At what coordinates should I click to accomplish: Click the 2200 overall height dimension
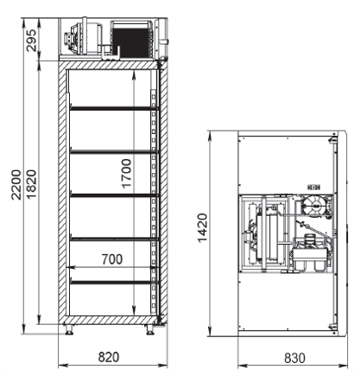(x=16, y=185)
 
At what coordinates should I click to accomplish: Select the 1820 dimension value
(x=31, y=185)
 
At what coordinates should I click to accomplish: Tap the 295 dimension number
(x=31, y=41)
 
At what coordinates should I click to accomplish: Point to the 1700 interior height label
(x=126, y=174)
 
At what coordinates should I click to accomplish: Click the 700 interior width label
(x=112, y=259)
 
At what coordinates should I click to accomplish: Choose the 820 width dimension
(x=109, y=357)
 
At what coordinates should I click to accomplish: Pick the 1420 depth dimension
(x=203, y=228)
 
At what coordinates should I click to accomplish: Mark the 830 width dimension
(x=294, y=358)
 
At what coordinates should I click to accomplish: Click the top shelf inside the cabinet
(x=115, y=108)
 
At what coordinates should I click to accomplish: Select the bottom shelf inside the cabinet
(x=115, y=282)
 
